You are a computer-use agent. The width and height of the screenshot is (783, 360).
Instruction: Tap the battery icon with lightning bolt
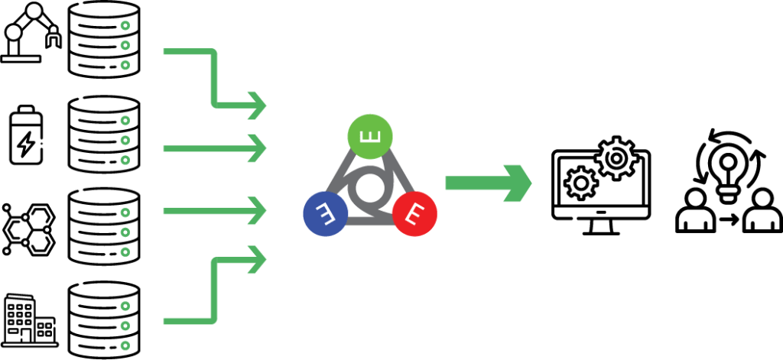26,137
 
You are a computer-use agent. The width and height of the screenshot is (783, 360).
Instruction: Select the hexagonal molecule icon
28,228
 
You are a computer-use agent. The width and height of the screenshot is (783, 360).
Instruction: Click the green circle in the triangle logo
370,138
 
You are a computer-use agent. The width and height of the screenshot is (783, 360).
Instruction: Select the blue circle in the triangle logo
326,212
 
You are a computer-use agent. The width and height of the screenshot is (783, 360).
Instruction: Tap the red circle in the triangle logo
414,212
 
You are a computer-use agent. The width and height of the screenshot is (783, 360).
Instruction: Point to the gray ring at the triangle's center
369,187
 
